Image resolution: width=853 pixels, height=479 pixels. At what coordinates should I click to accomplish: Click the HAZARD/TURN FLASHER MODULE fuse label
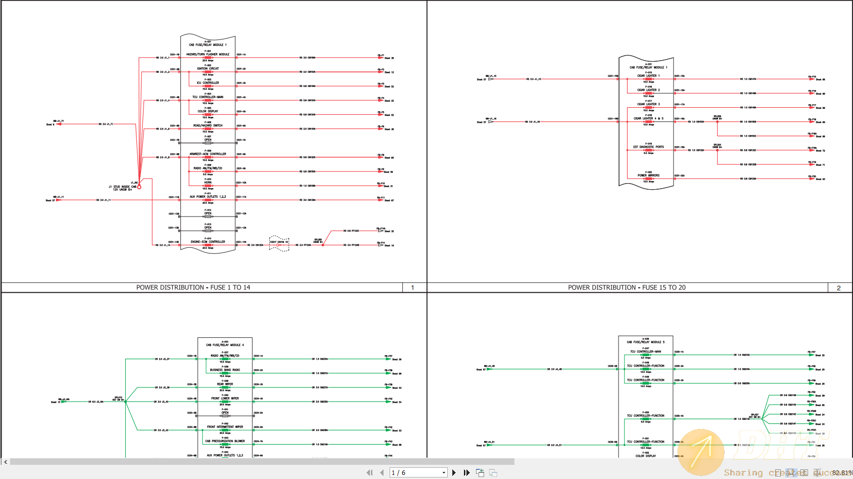208,54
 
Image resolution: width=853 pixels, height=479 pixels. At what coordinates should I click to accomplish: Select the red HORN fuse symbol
208,186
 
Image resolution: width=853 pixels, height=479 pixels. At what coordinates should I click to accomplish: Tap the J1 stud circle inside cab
139,187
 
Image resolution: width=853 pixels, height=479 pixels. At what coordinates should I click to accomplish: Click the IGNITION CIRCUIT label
208,68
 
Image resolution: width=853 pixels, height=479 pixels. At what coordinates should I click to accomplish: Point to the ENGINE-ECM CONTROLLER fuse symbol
208,245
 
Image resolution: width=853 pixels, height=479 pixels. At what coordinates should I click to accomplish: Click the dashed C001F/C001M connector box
279,243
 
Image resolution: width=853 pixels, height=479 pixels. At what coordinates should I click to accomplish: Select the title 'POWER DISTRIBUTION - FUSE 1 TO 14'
193,287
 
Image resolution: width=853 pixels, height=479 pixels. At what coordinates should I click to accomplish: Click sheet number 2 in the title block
839,288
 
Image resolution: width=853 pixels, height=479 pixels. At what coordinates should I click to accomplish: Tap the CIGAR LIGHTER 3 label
648,104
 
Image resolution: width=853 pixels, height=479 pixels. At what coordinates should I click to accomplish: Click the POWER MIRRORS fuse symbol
648,179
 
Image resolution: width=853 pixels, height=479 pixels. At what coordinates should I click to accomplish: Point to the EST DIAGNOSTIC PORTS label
648,147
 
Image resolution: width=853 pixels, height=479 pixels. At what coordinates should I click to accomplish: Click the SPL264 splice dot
717,150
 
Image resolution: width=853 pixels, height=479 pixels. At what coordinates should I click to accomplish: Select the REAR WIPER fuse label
225,384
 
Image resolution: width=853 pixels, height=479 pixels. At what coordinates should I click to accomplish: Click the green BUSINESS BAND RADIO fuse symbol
225,373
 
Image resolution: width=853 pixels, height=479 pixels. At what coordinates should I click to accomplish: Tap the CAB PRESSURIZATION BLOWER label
225,441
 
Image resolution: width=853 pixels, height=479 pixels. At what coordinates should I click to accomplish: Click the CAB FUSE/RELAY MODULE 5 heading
646,342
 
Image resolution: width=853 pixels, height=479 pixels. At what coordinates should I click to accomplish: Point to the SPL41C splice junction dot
125,402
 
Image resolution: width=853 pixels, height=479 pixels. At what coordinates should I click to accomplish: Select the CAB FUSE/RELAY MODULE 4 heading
225,345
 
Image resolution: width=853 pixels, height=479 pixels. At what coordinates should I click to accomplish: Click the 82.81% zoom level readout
841,473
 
